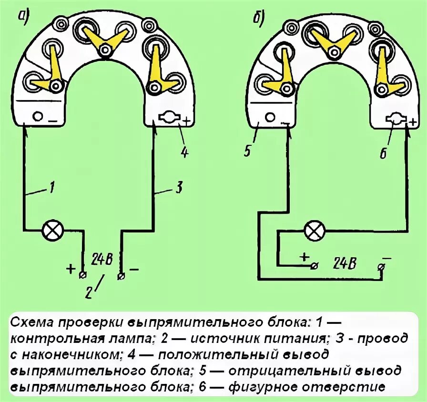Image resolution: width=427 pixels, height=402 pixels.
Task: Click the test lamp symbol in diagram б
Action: coord(314,231)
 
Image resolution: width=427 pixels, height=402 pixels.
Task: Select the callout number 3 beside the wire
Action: coord(177,188)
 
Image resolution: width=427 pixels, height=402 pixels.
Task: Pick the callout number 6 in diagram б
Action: coord(384,153)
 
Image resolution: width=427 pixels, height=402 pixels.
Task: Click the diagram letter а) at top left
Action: coord(24,16)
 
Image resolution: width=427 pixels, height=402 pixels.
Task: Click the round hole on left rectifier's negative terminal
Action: coord(37,116)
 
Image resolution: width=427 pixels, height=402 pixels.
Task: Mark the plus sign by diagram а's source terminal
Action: coord(71,269)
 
